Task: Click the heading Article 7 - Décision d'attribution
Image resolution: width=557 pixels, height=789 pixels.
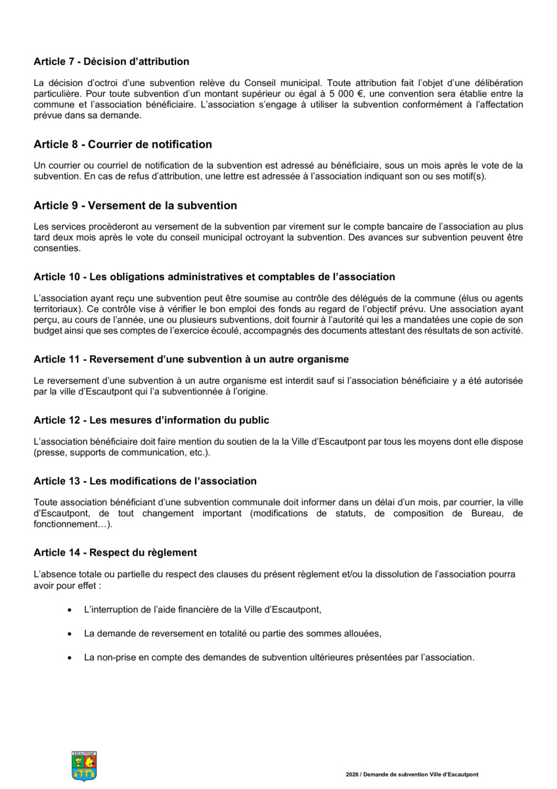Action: click(x=111, y=62)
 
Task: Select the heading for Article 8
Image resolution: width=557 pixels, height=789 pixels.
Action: click(x=122, y=144)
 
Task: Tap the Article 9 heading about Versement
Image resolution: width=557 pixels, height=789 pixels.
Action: click(x=135, y=206)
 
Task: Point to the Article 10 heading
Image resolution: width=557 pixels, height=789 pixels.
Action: click(x=214, y=277)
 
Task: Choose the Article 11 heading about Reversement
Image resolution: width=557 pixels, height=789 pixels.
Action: click(x=190, y=359)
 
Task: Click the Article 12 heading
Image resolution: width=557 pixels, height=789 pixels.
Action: click(x=151, y=420)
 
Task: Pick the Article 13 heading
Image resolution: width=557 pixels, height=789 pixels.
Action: click(x=145, y=481)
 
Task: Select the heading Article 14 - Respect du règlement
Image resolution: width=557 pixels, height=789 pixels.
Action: click(x=115, y=552)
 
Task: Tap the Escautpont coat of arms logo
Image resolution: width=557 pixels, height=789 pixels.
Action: click(x=84, y=766)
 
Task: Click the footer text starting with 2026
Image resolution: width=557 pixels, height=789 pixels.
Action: click(x=412, y=775)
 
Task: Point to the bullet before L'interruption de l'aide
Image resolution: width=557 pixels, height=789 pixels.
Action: click(x=70, y=610)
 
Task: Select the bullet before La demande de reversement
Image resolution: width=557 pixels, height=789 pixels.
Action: click(x=70, y=634)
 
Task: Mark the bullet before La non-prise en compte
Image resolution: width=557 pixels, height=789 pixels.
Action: click(x=70, y=657)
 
